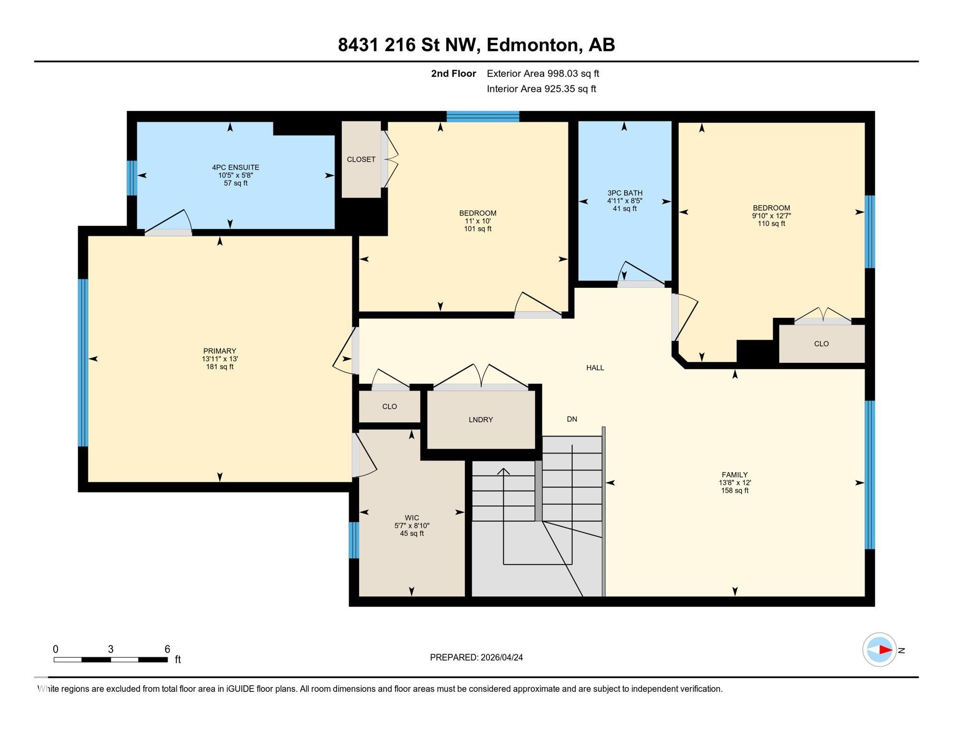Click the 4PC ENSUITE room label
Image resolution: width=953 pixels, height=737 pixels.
pos(235,167)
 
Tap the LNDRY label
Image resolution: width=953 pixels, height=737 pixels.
pos(480,420)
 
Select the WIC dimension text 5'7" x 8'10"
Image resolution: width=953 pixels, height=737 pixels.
pos(411,526)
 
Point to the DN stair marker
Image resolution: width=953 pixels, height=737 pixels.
pos(571,419)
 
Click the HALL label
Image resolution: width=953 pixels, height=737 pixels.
pos(595,368)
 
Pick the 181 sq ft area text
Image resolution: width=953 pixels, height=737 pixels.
pos(220,367)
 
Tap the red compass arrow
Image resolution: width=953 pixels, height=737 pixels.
pos(885,650)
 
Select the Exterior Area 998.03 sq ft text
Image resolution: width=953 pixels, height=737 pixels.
pos(543,74)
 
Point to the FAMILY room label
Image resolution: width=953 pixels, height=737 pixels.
pos(734,475)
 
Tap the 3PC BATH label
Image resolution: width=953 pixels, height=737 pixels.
pos(624,193)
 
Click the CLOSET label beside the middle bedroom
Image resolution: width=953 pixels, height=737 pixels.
pos(361,160)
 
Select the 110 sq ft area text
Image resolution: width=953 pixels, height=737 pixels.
pos(771,224)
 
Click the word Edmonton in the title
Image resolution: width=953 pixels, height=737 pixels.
pos(532,45)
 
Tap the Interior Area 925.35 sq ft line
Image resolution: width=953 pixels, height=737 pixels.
pos(541,89)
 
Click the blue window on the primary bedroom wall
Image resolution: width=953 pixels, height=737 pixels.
pos(83,363)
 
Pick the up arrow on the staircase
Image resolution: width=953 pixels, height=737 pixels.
pos(503,472)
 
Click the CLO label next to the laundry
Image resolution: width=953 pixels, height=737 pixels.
pos(389,407)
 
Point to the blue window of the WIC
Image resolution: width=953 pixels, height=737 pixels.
pos(353,540)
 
